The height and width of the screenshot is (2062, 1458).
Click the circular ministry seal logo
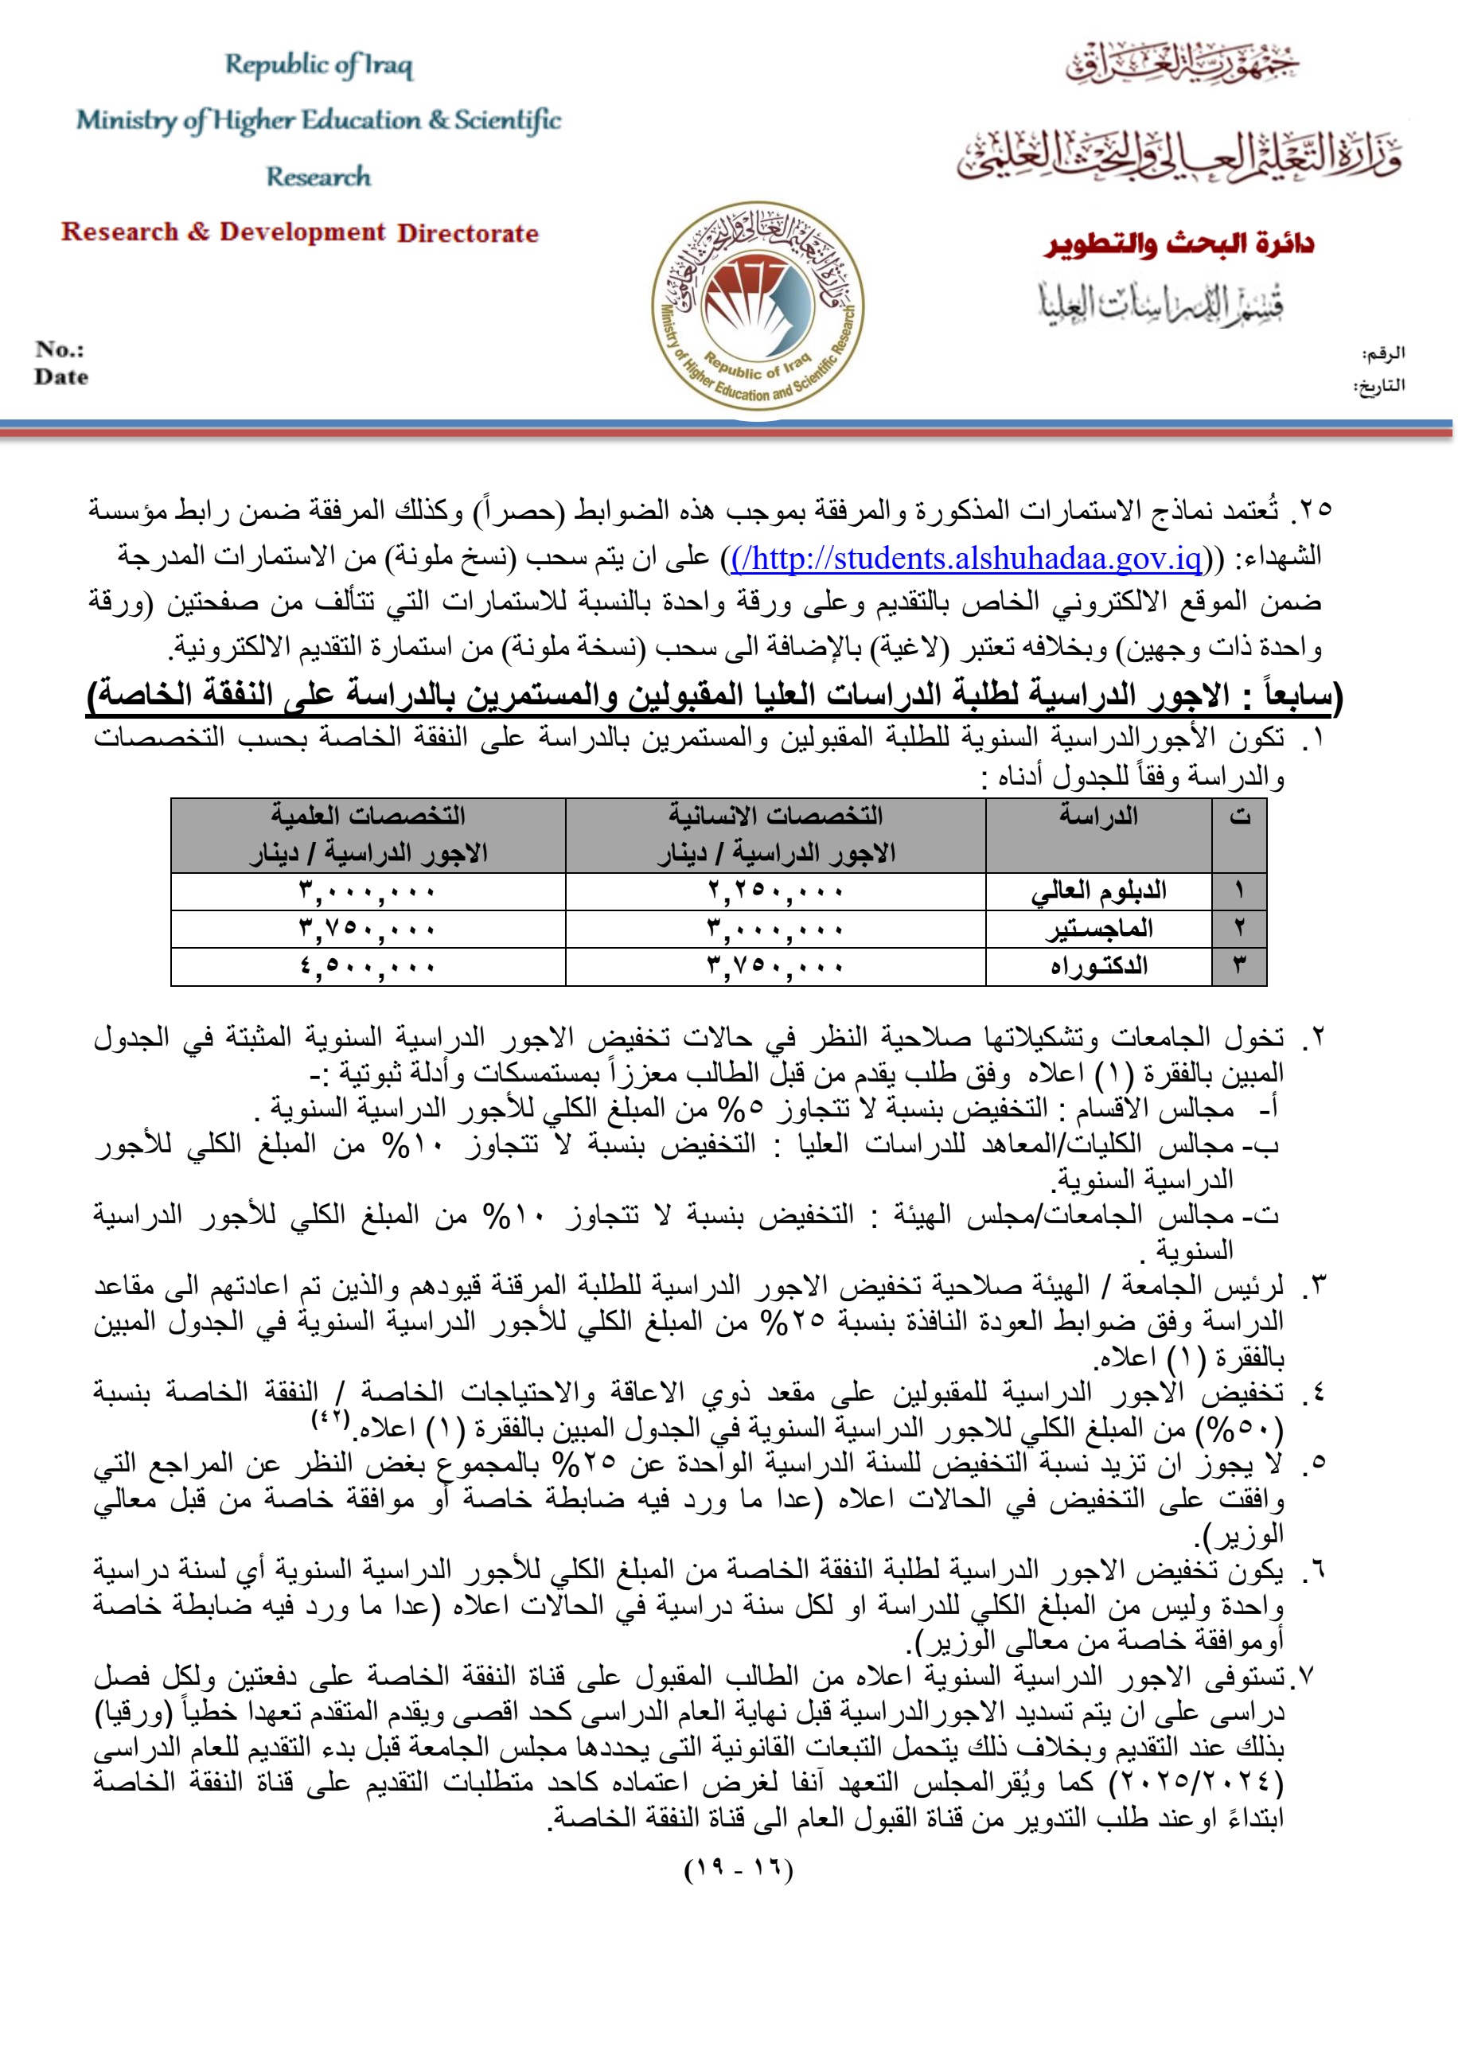point(758,306)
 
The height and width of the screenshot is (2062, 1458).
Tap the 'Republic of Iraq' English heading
point(319,64)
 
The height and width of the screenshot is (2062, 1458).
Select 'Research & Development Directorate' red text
point(300,232)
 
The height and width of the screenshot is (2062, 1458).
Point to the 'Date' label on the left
point(61,377)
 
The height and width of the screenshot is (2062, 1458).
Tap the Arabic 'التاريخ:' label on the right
point(1379,386)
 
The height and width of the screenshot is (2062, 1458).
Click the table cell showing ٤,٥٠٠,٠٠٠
point(368,967)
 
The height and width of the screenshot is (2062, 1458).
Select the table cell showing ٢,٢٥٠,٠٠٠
point(775,892)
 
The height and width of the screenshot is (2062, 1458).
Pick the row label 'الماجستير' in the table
point(1098,930)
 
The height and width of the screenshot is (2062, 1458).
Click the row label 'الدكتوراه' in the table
point(1098,967)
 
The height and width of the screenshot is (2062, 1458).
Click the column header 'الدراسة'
point(1097,816)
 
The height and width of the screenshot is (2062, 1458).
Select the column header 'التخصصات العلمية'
point(368,816)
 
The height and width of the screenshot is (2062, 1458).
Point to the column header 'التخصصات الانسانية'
point(775,816)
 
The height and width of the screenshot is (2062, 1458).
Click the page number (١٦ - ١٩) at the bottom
point(739,1871)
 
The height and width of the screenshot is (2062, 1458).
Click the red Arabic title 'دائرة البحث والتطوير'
point(1179,244)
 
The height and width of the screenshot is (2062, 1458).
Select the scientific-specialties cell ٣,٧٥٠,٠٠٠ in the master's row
point(368,930)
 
